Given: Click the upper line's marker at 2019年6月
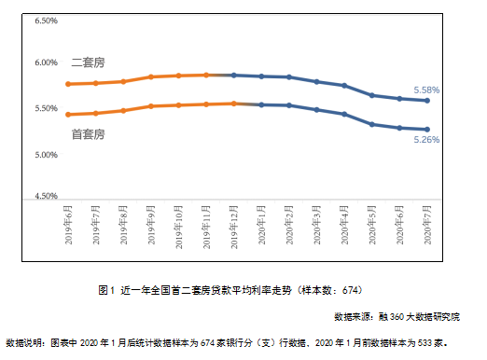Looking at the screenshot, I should coord(68,84).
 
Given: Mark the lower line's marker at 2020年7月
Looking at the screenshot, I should coord(427,130).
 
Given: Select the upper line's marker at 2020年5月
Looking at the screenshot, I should coord(371,95).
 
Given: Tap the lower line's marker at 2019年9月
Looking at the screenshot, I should coord(151,106).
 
